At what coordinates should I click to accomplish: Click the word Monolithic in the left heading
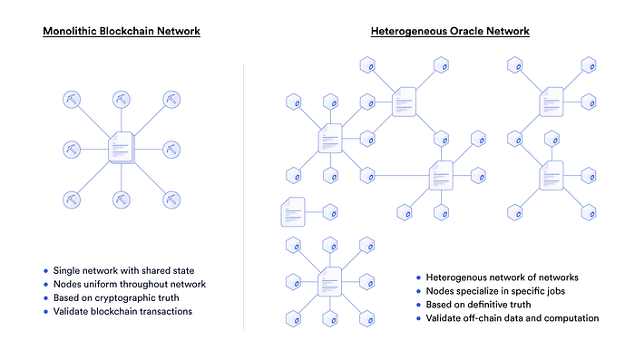[71, 32]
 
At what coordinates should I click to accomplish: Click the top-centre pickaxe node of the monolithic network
[121, 98]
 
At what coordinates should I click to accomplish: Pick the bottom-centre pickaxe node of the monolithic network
[121, 198]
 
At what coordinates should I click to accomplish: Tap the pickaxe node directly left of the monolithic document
[72, 148]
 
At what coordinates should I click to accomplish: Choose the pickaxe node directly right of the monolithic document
[171, 148]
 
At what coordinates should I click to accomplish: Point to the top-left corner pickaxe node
[72, 98]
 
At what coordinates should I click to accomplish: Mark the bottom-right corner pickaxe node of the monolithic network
[171, 198]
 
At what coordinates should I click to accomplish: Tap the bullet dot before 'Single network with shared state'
[45, 271]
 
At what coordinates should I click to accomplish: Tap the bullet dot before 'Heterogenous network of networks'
[418, 277]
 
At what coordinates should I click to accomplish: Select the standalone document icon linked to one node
[293, 211]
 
